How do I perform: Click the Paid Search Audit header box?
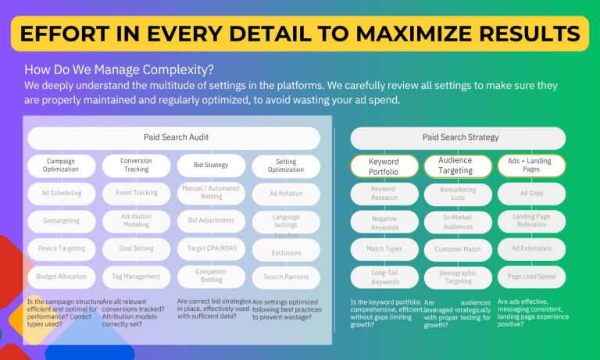(175, 137)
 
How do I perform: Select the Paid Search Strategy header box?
(457, 137)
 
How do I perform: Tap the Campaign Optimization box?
(61, 166)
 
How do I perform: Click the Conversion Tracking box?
(136, 166)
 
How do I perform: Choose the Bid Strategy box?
(211, 166)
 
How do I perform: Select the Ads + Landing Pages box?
(531, 166)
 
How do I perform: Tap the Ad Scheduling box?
(61, 193)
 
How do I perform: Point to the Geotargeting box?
(61, 221)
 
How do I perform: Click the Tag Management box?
(136, 276)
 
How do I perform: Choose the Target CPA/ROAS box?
(211, 248)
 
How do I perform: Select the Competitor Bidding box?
(211, 276)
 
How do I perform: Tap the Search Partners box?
(286, 276)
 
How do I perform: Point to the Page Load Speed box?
(531, 276)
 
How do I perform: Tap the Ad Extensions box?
(531, 248)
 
